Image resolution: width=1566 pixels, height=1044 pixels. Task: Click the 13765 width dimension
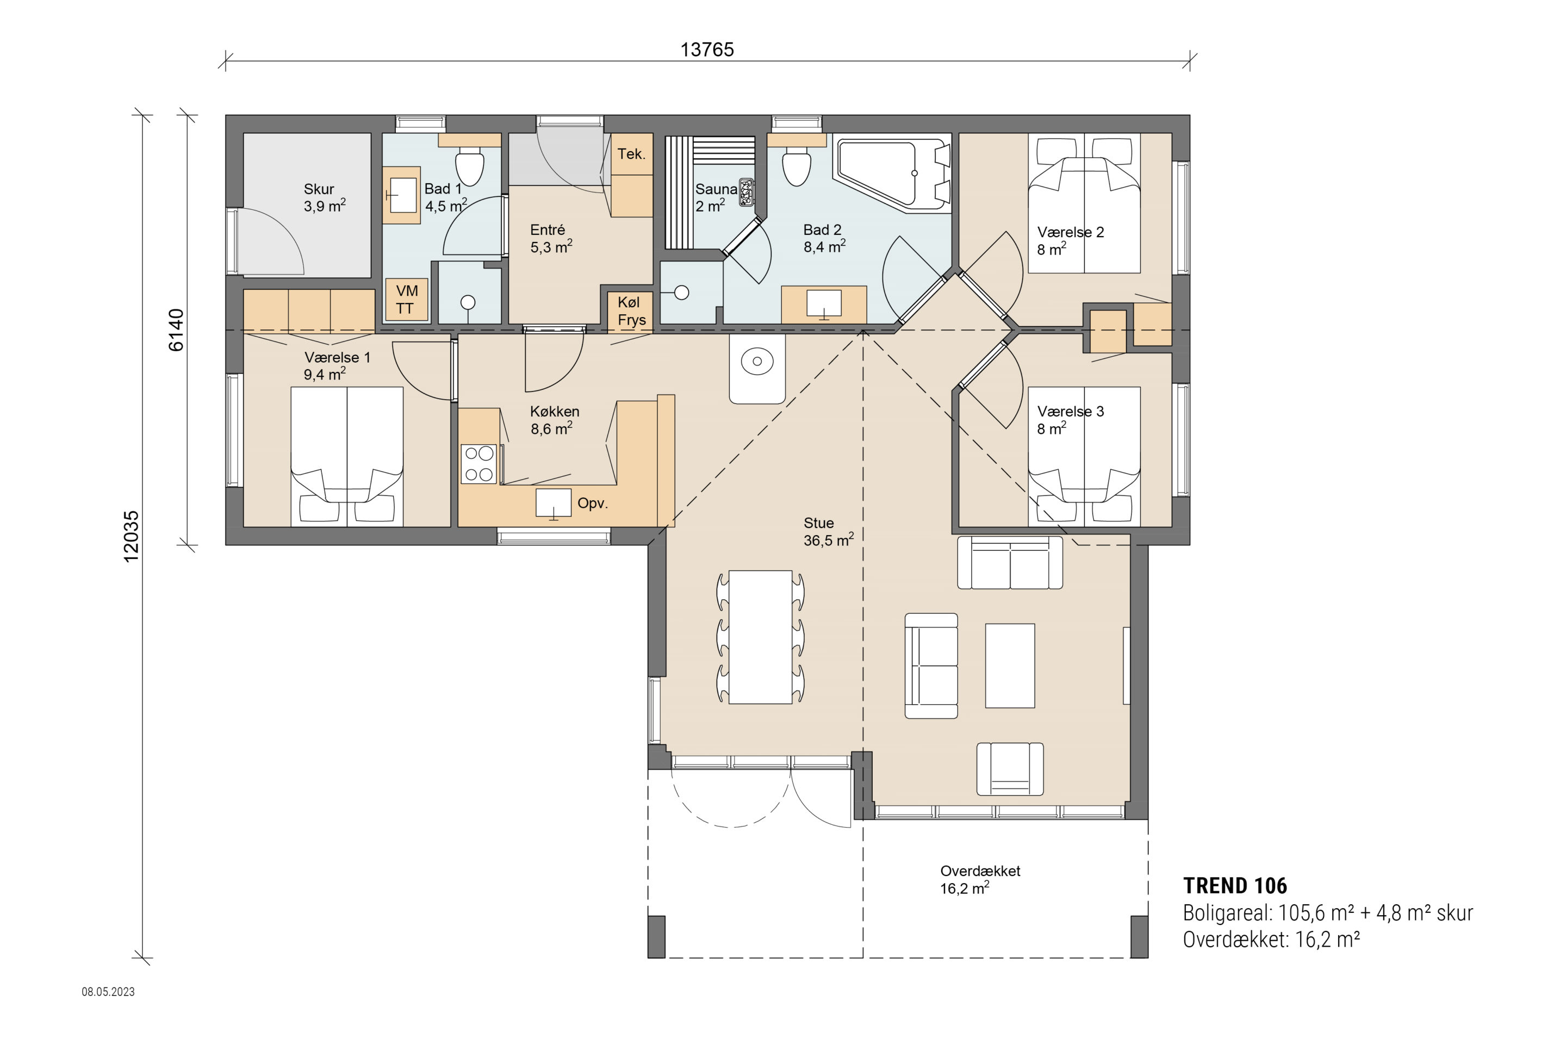click(x=707, y=50)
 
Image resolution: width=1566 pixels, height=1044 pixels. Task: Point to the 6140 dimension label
click(x=176, y=330)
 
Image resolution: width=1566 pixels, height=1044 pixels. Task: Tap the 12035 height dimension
click(x=131, y=537)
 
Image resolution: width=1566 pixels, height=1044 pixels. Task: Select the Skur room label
click(x=319, y=189)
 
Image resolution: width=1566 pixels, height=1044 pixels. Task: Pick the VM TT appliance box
click(x=406, y=300)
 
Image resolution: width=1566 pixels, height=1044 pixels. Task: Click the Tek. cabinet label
click(x=631, y=154)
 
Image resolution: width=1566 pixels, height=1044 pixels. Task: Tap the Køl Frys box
click(x=630, y=311)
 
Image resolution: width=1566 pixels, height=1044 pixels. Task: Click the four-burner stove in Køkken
click(x=478, y=464)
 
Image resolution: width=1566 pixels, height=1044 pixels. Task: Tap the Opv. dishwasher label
click(x=593, y=504)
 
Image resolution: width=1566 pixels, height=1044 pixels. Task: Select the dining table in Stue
click(x=760, y=637)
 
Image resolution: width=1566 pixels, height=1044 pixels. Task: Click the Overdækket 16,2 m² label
click(x=980, y=880)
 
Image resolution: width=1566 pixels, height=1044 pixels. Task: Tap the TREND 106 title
click(x=1235, y=886)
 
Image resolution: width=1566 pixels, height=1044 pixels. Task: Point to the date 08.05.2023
click(x=108, y=992)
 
